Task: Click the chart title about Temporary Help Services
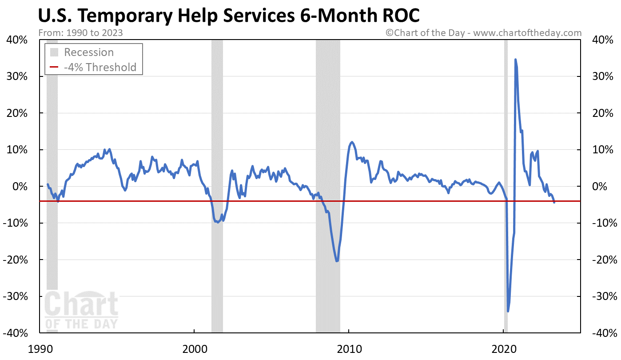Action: (x=229, y=16)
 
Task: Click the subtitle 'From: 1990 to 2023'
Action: (x=81, y=32)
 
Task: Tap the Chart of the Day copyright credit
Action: (x=483, y=32)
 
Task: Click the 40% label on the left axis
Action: (x=18, y=40)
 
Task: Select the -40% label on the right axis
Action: (x=605, y=332)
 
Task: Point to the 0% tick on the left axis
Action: (x=20, y=186)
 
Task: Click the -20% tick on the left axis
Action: (x=16, y=260)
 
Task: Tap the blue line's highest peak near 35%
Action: (x=515, y=60)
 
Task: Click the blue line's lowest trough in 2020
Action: (x=508, y=311)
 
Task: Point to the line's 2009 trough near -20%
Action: (x=337, y=261)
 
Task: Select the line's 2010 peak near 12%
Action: (x=352, y=142)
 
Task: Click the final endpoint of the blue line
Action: (x=554, y=202)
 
